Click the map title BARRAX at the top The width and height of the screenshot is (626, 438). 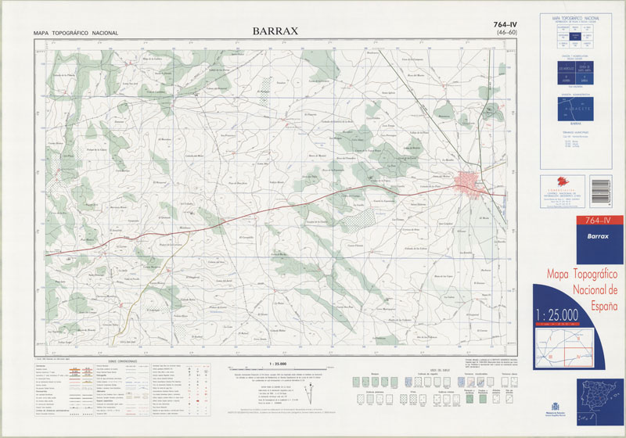pos(275,32)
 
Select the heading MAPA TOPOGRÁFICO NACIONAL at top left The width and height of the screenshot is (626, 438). pos(76,33)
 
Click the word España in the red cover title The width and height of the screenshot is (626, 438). pos(599,305)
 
